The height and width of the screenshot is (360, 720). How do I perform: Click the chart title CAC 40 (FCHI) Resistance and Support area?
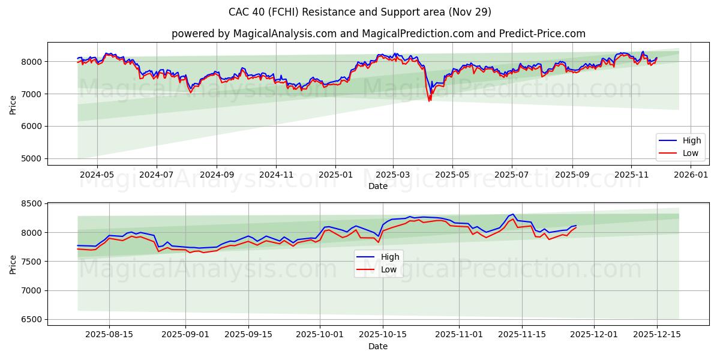(360, 12)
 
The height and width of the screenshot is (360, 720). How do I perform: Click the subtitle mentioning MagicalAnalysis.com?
(378, 34)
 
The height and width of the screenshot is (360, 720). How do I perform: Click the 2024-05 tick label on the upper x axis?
(97, 175)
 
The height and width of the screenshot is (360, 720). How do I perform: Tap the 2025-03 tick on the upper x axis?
(393, 175)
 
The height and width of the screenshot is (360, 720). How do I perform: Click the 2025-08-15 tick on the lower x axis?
(109, 335)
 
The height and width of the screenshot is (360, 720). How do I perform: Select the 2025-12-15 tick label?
(657, 335)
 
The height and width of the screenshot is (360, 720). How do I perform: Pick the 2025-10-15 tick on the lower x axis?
(383, 335)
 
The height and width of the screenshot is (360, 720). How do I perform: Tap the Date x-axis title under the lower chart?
(378, 346)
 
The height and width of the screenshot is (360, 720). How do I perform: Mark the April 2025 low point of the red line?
(429, 101)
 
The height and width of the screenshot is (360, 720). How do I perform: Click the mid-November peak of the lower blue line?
(513, 214)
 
